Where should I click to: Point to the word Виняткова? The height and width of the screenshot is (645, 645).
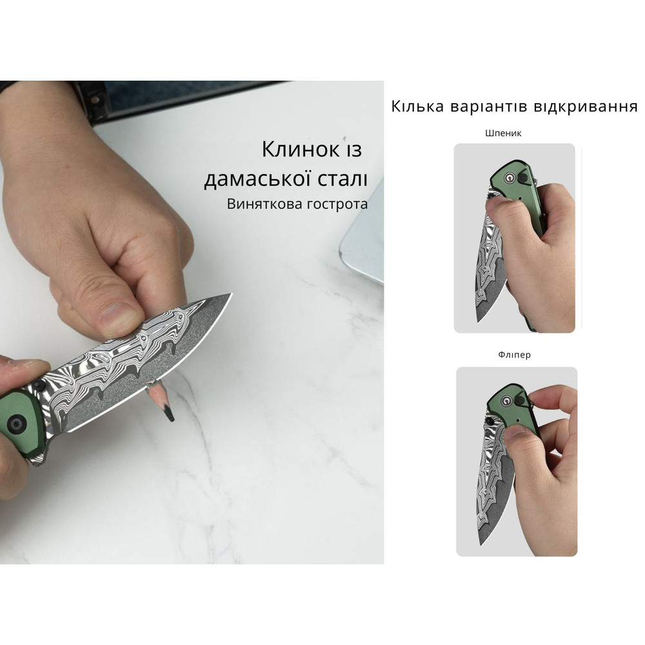click(261, 204)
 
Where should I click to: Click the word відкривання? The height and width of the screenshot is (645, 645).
click(586, 106)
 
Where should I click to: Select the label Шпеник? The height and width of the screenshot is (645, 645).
click(503, 134)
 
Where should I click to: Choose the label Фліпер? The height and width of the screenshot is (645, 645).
click(514, 355)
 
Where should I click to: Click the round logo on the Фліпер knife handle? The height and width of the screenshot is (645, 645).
click(511, 400)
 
